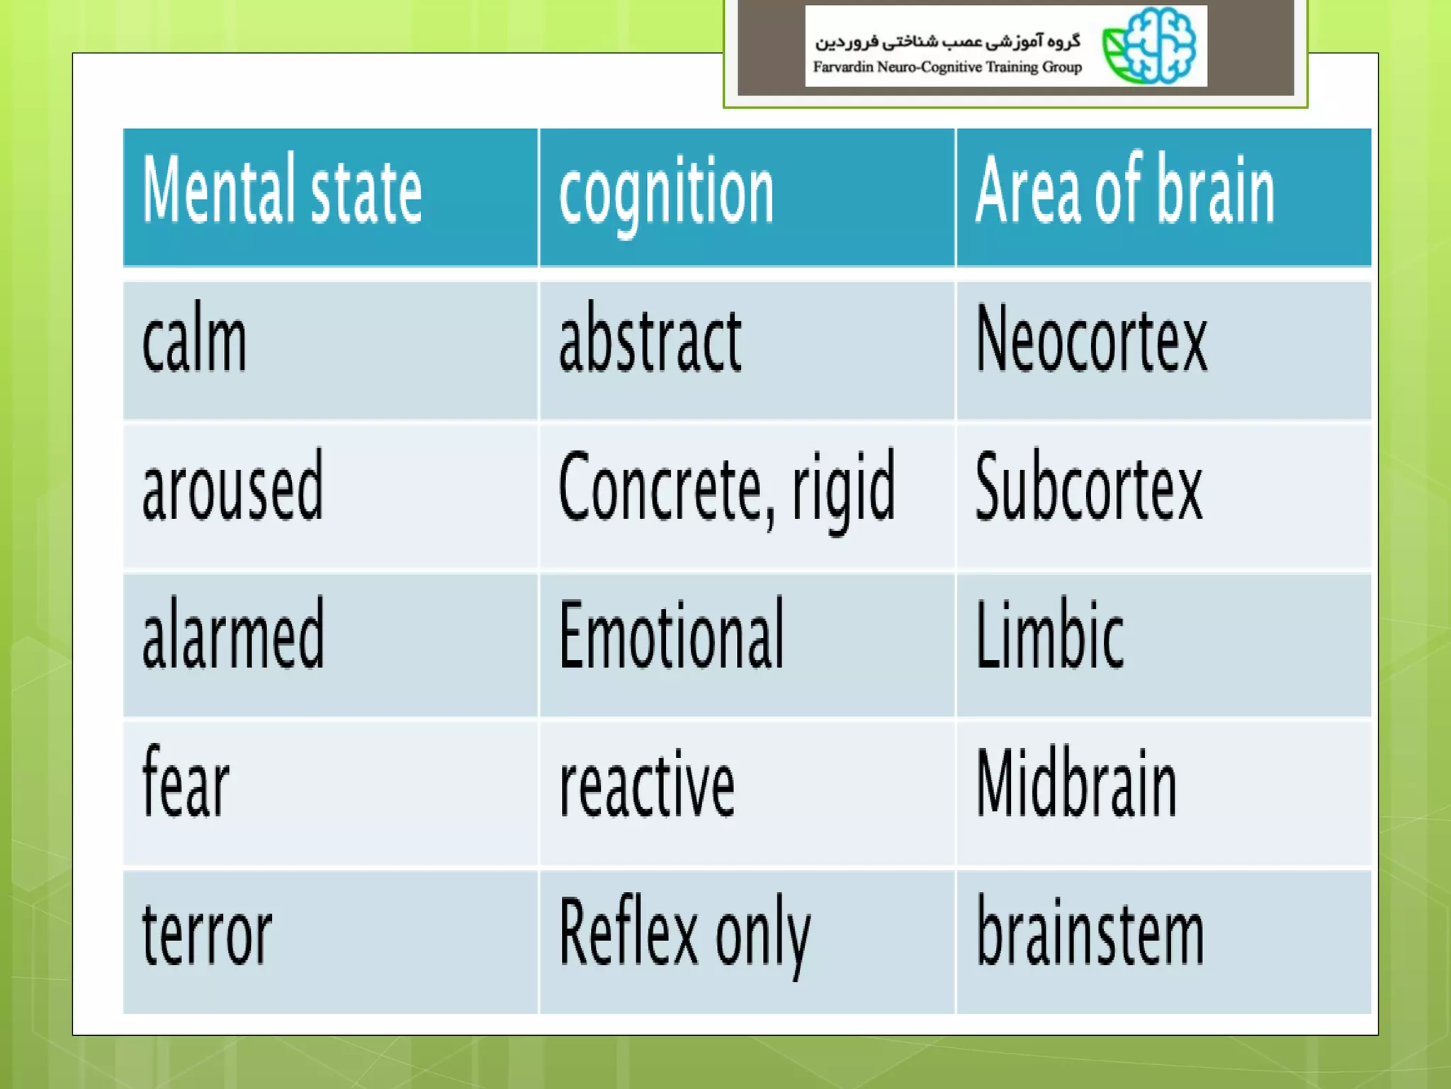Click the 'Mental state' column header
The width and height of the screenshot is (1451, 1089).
(282, 191)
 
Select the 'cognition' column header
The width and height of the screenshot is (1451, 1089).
(666, 193)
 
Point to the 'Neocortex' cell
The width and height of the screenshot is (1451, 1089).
(1091, 340)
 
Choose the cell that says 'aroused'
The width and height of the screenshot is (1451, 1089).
(232, 488)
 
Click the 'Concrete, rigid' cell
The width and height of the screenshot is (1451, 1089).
(726, 489)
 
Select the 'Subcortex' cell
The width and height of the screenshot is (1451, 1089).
(1088, 488)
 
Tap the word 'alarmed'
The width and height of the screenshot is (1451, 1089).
(233, 635)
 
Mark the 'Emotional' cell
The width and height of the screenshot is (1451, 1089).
(671, 635)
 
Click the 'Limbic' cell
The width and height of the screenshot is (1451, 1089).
(1049, 635)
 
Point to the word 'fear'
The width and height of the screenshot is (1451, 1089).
(186, 783)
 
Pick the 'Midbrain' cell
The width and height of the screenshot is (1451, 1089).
(1076, 784)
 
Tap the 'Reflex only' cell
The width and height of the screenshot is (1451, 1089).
(684, 934)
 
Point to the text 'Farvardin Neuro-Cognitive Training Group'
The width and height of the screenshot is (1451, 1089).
(947, 67)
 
